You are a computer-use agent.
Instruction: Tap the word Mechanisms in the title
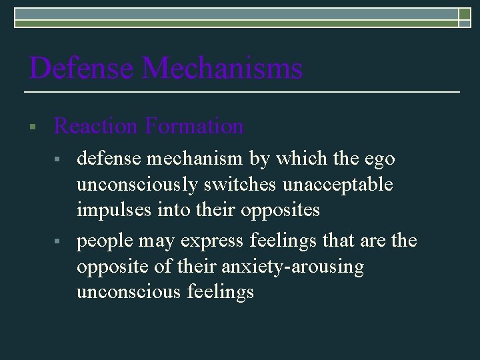click(223, 69)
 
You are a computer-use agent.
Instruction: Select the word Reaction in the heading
click(94, 125)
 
